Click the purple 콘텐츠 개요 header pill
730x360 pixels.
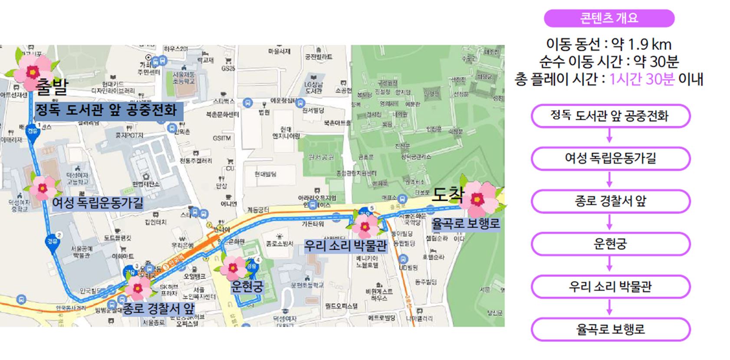[609, 18]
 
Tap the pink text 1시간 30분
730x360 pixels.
[642, 79]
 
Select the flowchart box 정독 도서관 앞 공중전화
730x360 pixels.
[610, 116]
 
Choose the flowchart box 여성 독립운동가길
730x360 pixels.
[610, 158]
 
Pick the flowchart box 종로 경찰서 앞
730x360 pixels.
[610, 201]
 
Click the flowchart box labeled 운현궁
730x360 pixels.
[610, 244]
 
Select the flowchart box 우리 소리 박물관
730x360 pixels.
[610, 286]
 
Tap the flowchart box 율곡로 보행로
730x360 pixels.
[610, 329]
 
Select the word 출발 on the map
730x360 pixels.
[52, 86]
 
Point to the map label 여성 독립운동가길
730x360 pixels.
[98, 203]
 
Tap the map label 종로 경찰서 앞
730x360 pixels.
[159, 308]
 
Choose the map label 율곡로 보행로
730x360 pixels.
[465, 224]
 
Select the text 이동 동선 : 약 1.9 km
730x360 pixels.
[608, 44]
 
